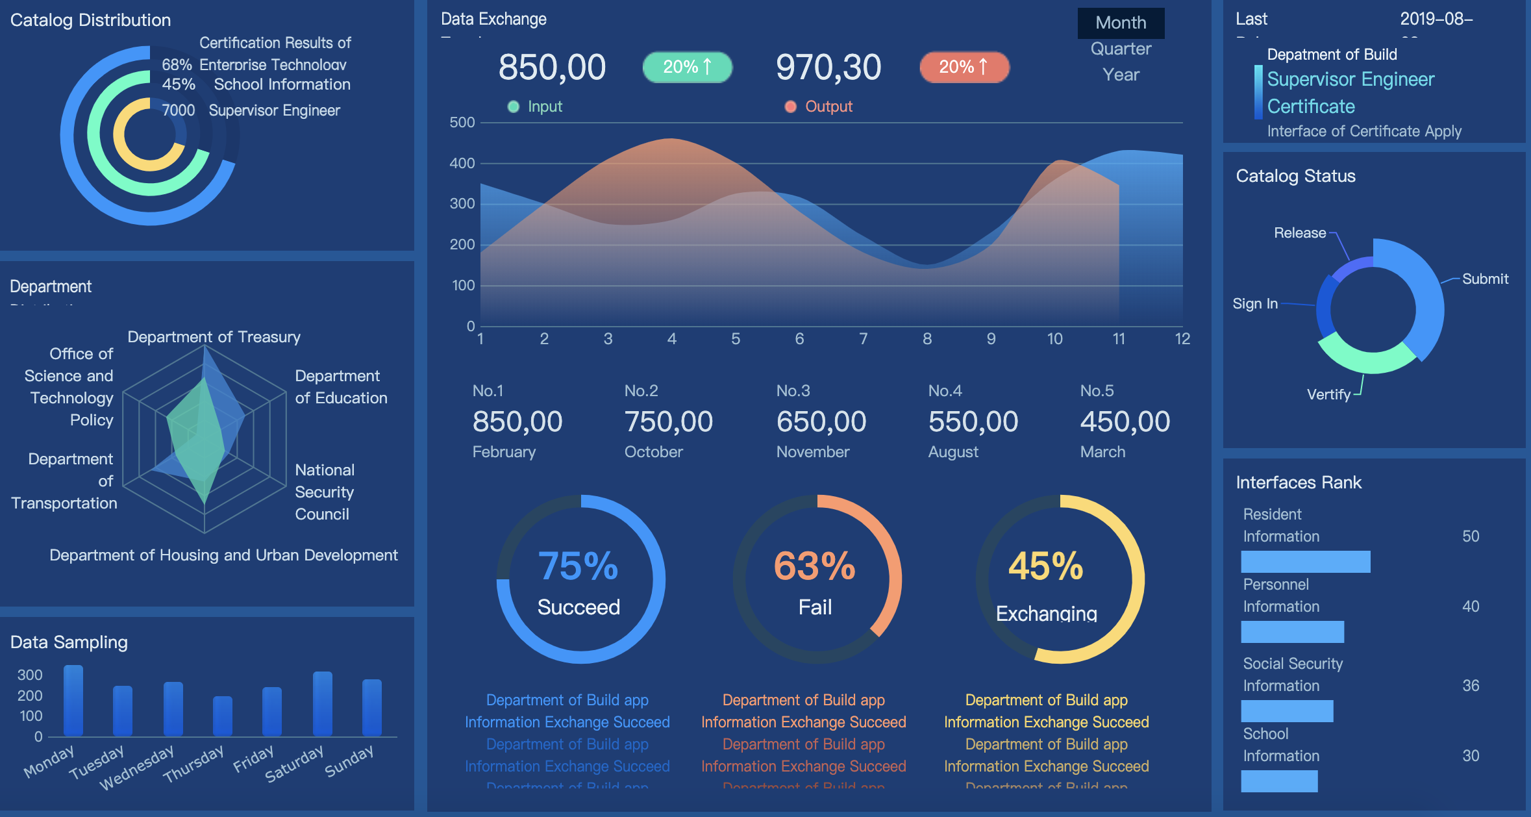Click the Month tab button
(x=1121, y=23)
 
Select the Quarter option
(x=1121, y=49)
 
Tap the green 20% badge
(x=687, y=67)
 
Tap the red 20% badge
(x=964, y=67)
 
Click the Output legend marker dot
(x=790, y=107)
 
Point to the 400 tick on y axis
(x=462, y=164)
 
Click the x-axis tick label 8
(x=927, y=338)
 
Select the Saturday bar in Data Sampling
(x=323, y=703)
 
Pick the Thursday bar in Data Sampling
(x=223, y=716)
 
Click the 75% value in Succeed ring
(x=578, y=566)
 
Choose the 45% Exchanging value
(x=1045, y=566)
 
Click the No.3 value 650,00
(x=821, y=421)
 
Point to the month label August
(x=953, y=452)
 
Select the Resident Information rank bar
(x=1305, y=562)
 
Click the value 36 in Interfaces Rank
(x=1471, y=686)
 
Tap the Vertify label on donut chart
(x=1328, y=394)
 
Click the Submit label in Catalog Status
(x=1485, y=279)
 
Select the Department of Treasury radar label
(x=214, y=337)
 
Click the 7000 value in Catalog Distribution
(x=178, y=110)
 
